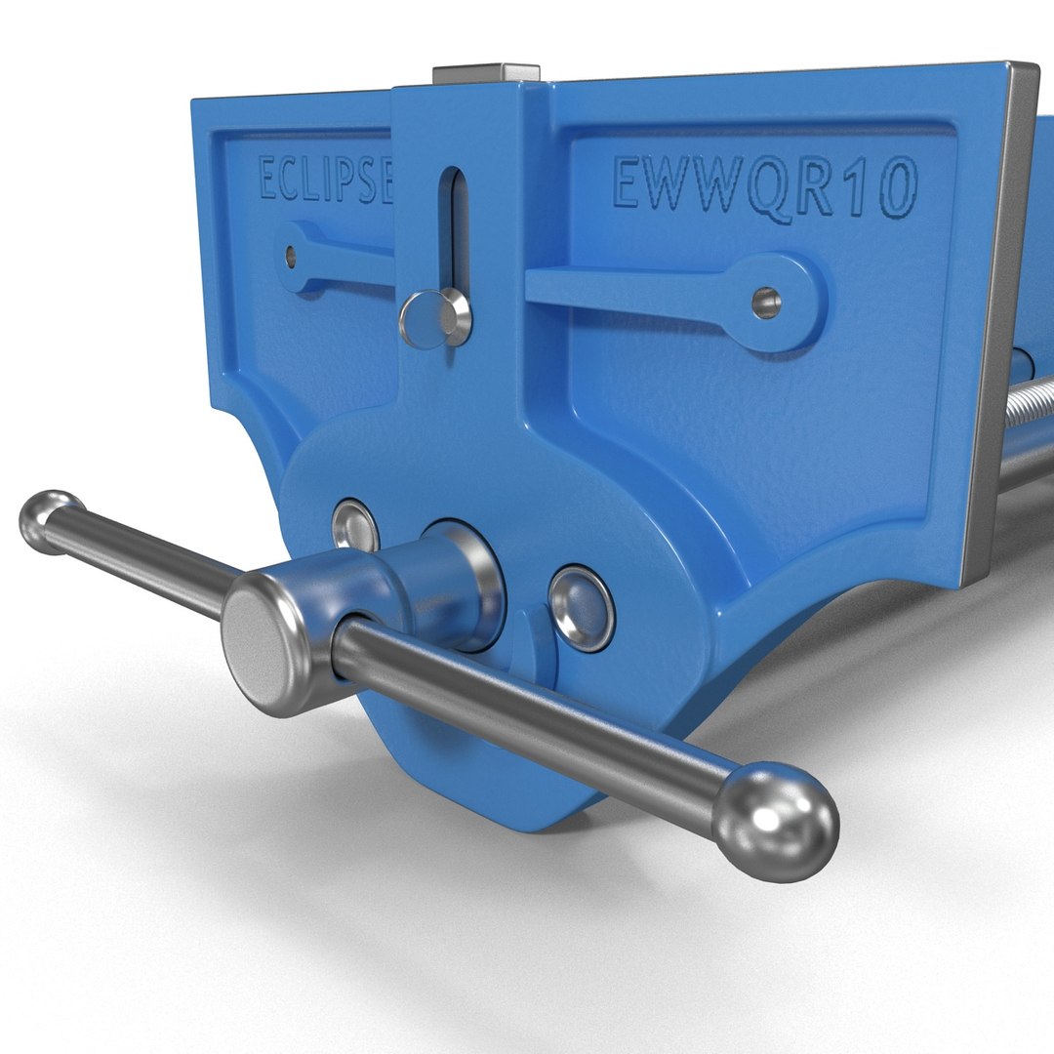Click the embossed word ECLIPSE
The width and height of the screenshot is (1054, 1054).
click(x=322, y=180)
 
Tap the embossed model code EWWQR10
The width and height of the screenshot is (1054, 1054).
click(x=764, y=188)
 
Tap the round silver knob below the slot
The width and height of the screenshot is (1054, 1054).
click(x=433, y=318)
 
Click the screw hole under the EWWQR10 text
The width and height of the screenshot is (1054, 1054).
click(x=767, y=303)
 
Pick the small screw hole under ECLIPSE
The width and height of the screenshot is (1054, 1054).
click(x=290, y=256)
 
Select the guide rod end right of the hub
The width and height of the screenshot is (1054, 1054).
click(x=582, y=608)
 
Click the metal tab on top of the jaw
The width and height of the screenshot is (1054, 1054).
click(x=486, y=73)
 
